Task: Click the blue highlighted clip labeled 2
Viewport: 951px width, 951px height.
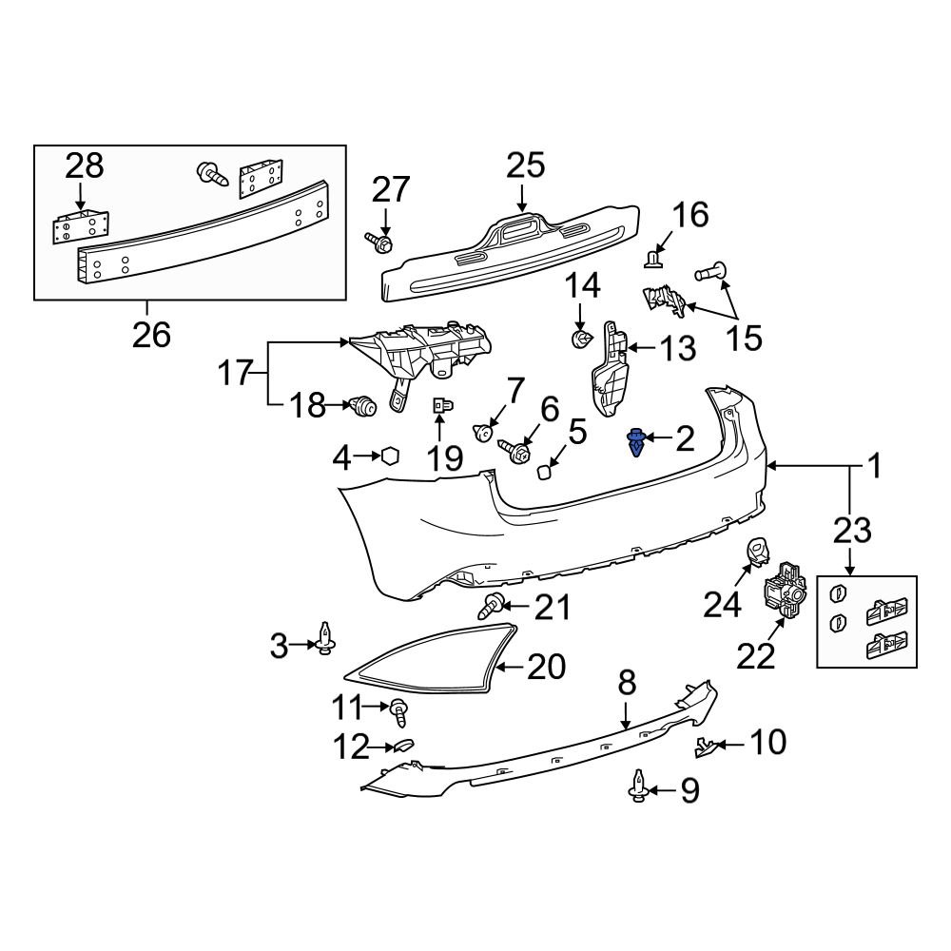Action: coord(635,443)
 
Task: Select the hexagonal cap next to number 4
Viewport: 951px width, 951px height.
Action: coord(389,457)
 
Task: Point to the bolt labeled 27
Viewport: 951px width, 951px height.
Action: coord(381,244)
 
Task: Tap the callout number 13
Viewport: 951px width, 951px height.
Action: coord(678,349)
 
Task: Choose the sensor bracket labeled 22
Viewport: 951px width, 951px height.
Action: coord(784,591)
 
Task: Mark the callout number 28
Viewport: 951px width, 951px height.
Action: coord(84,166)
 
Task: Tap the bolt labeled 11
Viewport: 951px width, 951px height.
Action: coord(400,709)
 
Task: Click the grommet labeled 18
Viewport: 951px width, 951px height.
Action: coord(363,407)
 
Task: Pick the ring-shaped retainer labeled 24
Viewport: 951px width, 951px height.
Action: coord(758,549)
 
